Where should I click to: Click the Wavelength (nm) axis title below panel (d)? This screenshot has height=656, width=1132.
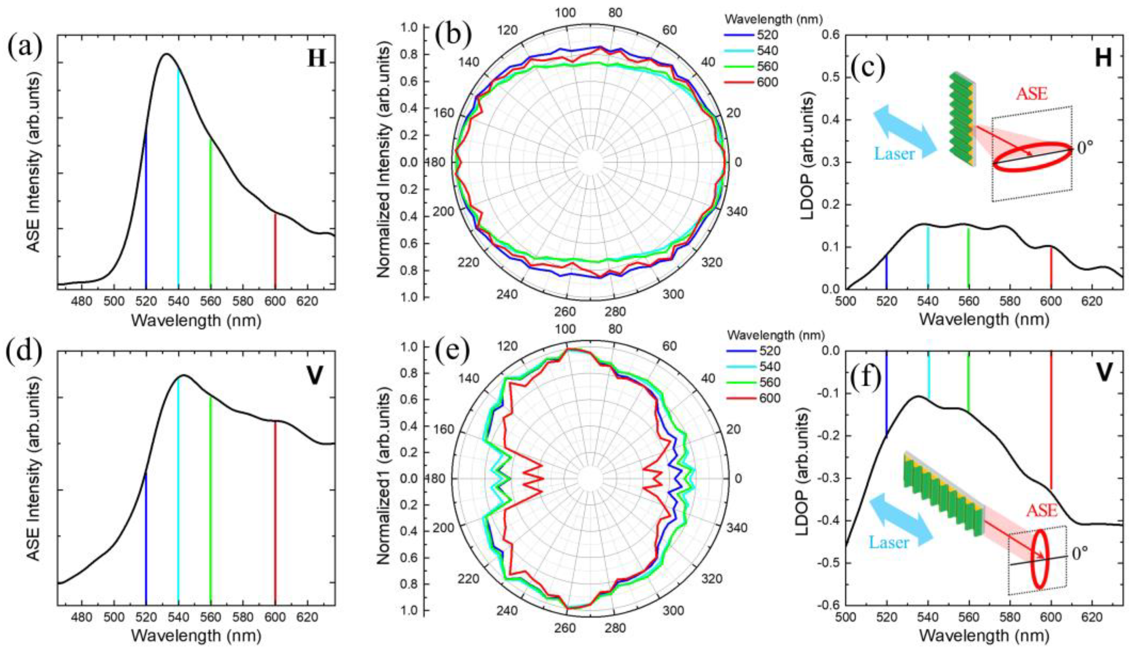(196, 636)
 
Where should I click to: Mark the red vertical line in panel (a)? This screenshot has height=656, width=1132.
(276, 249)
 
